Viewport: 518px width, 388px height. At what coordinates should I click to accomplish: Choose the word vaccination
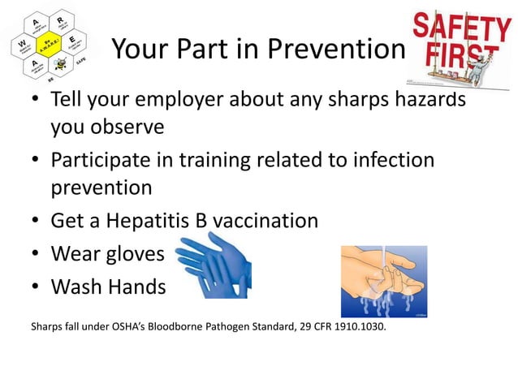[x=267, y=220]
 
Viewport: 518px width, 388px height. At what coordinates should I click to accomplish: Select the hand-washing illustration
[x=382, y=281]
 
